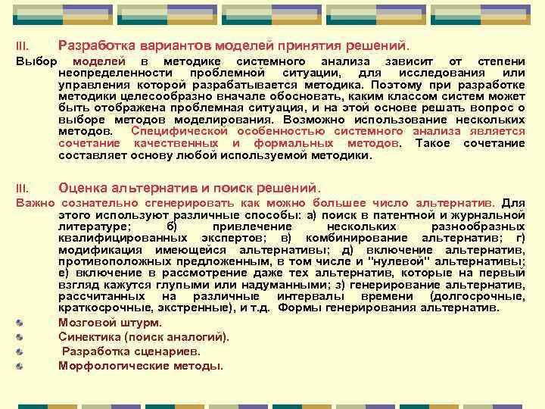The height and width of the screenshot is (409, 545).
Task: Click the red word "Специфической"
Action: (172, 131)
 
